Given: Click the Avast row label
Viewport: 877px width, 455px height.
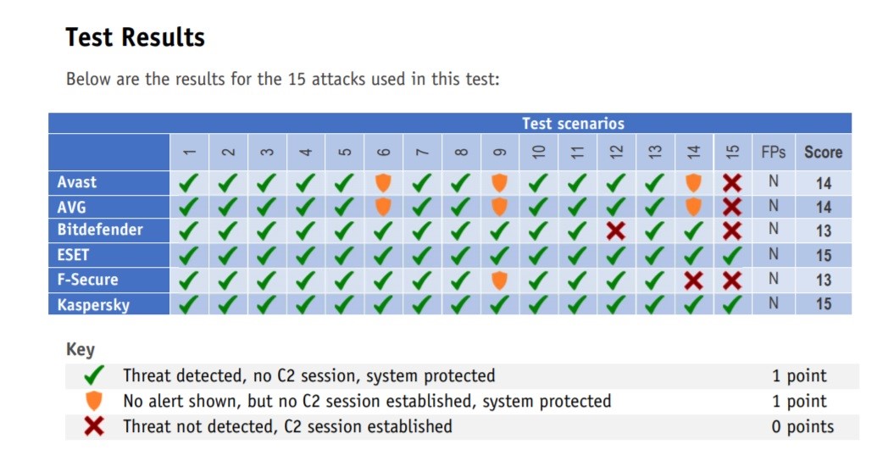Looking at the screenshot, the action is point(76,182).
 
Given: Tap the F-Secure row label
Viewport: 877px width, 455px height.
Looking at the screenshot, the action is point(88,280).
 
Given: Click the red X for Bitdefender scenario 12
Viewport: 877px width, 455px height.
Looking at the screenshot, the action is point(616,230).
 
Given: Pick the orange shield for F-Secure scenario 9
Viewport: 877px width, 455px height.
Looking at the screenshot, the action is point(499,280).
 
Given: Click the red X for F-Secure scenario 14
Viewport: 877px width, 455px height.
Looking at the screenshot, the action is point(693,280).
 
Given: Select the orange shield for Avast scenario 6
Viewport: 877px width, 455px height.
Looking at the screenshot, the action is point(383,183).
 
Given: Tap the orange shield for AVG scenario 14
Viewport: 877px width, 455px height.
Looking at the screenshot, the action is point(693,207).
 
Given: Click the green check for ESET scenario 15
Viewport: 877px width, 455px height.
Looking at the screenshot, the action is point(732,255).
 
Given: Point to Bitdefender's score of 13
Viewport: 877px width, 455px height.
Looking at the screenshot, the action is point(824,230).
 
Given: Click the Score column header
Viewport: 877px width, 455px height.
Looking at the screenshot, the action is point(824,152).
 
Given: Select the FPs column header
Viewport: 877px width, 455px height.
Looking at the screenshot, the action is point(774,152).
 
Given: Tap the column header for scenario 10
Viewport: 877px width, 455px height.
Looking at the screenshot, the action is point(538,152).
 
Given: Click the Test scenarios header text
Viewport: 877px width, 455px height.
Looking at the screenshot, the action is point(573,124).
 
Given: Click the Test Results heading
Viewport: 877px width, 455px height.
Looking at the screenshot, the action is point(136,37).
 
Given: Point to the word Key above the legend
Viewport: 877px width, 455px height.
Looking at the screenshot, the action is point(80,350).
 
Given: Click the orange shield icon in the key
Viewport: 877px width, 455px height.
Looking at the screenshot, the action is point(94,401).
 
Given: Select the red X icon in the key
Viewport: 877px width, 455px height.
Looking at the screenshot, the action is point(94,426).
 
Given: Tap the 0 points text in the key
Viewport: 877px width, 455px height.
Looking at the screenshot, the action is point(802,427).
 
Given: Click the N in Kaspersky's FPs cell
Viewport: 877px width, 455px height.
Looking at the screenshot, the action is point(774,303).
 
